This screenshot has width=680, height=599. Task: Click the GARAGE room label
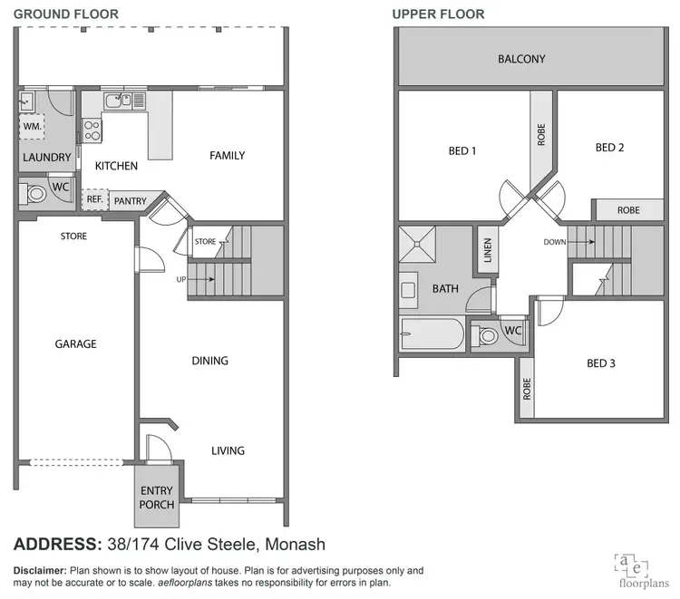[x=75, y=344]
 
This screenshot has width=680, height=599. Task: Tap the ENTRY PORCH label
[x=156, y=498]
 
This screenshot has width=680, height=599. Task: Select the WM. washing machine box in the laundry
[x=32, y=126]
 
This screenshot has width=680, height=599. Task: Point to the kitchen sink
[x=118, y=101]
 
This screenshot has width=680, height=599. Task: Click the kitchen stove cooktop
[x=92, y=131]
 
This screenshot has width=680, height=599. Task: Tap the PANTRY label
[x=130, y=201]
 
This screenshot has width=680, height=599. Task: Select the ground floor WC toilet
[x=35, y=193]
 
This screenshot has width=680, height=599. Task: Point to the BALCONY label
[x=521, y=59]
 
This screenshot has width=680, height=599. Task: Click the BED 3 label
[x=600, y=363]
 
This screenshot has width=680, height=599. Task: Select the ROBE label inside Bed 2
[x=628, y=210]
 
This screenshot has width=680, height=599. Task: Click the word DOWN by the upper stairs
[x=555, y=242]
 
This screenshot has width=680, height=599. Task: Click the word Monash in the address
[x=290, y=545]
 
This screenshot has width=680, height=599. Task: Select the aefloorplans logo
[x=632, y=565]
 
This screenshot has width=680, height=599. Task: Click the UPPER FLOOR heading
[x=438, y=14]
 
